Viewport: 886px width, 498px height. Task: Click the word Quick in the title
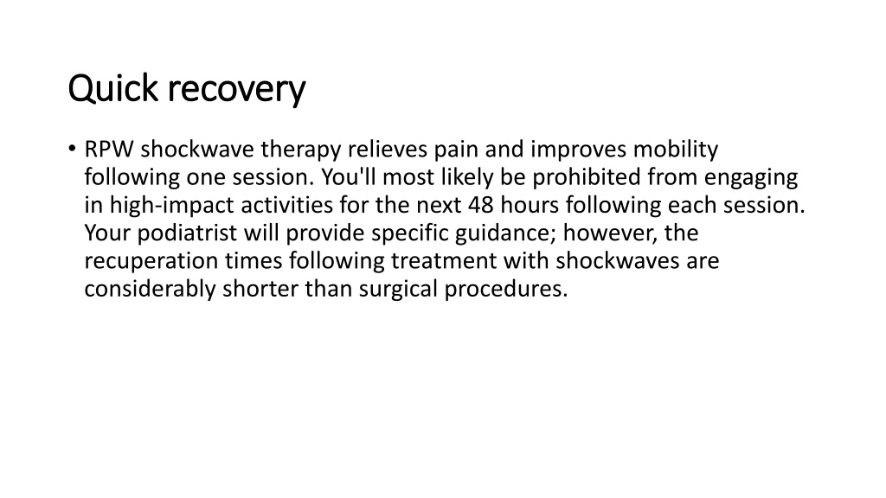[x=113, y=88]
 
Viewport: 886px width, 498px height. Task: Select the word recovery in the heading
[x=237, y=91]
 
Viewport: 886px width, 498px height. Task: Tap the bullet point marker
[x=72, y=149]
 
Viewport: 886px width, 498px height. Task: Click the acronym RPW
[x=109, y=150]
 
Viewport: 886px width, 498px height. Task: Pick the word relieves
[x=387, y=150]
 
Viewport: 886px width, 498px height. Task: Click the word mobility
[x=675, y=150]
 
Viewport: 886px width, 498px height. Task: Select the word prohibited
[x=587, y=177]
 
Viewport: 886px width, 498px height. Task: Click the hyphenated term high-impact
[x=172, y=206]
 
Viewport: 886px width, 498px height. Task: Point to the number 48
[x=481, y=205]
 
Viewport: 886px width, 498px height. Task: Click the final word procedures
[x=505, y=289]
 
